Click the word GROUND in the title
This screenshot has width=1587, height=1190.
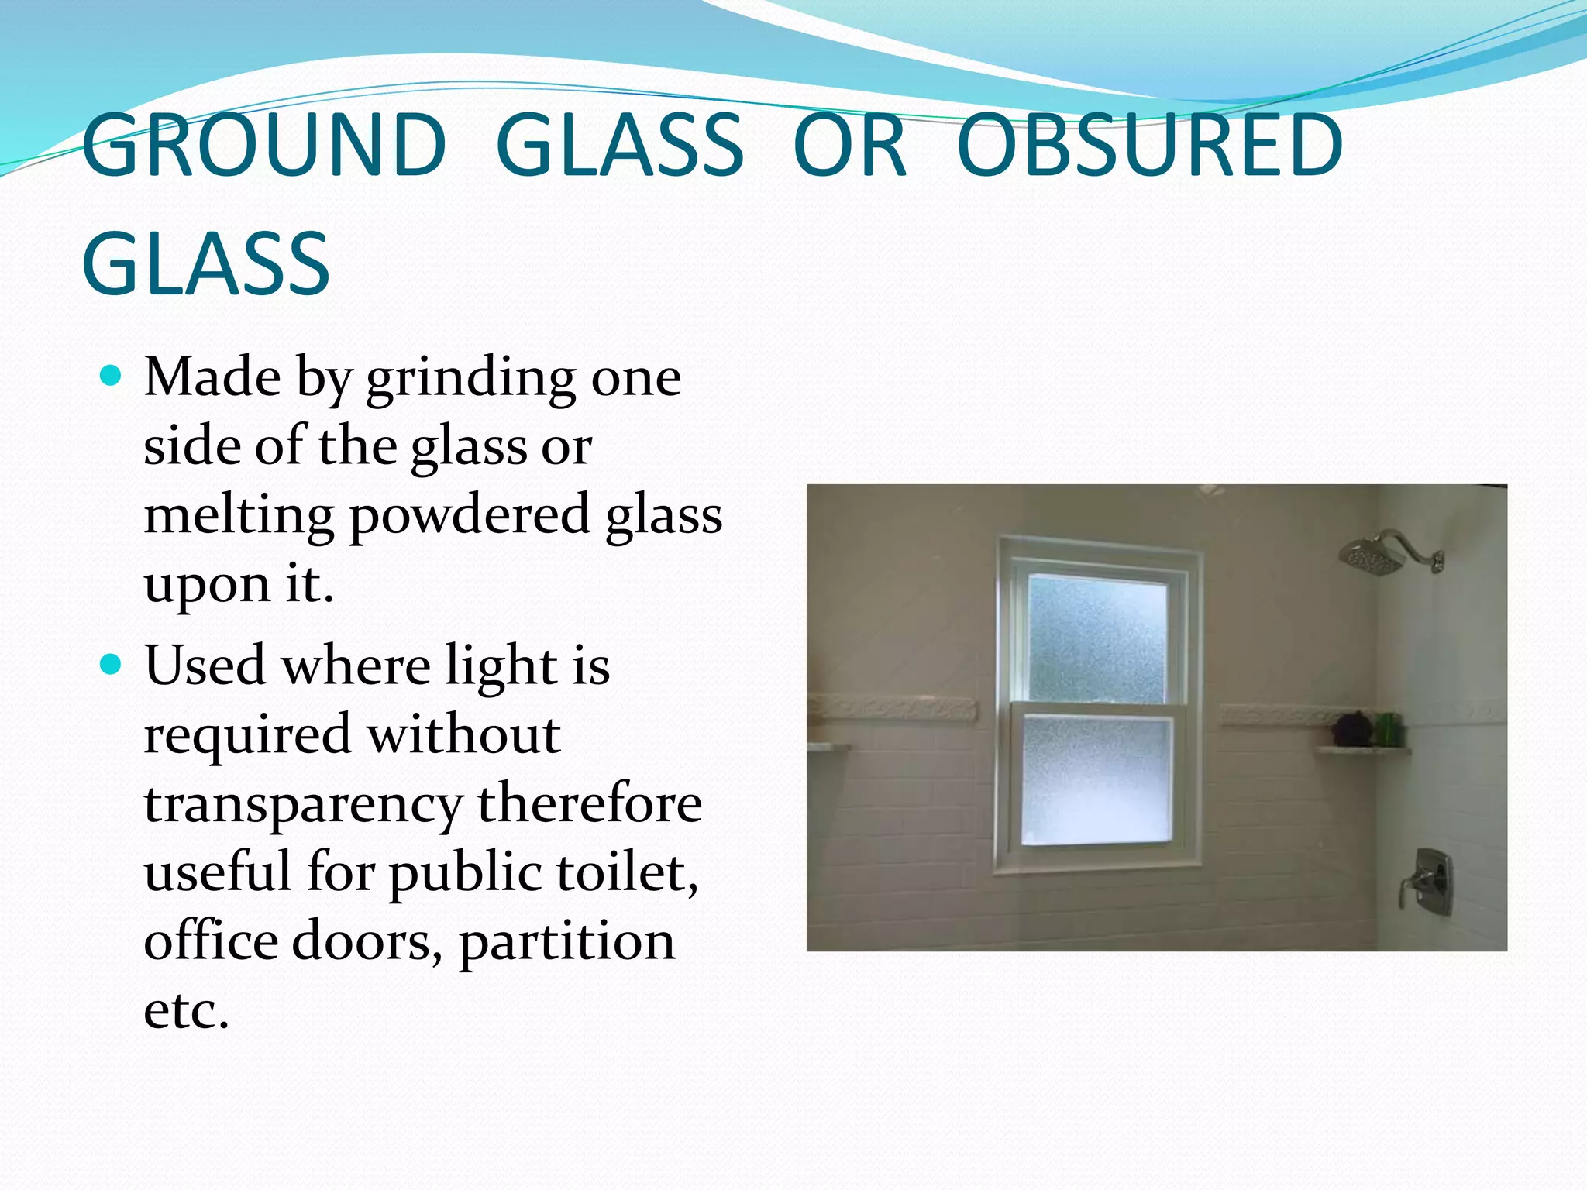pos(263,145)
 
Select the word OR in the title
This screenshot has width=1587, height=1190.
pos(849,145)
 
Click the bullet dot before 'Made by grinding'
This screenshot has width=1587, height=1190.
pos(112,377)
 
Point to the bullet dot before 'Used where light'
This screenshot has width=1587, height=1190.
pos(112,665)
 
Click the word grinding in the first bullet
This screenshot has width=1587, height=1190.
pos(471,380)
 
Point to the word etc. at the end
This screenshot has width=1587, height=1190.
pos(186,1010)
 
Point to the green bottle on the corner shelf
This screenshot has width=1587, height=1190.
pos(1389,728)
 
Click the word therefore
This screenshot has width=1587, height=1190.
pos(590,804)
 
